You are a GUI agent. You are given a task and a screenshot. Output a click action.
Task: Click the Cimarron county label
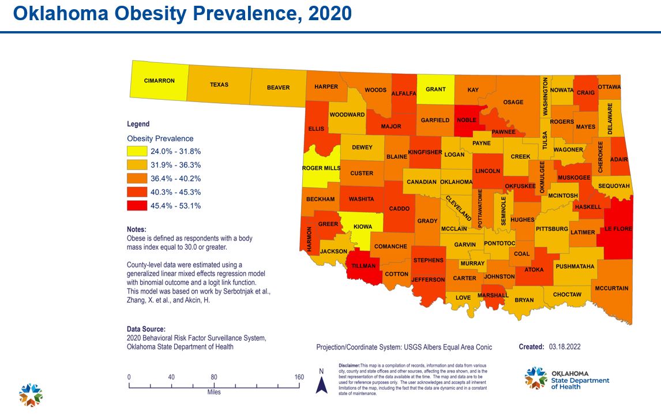tap(159, 81)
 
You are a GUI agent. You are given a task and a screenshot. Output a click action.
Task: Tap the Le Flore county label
tap(618, 229)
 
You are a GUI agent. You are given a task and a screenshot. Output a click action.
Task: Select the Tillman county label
tap(363, 266)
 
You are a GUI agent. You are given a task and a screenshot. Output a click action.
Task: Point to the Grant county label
tap(435, 89)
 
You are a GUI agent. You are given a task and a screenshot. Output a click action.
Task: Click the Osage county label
tap(513, 102)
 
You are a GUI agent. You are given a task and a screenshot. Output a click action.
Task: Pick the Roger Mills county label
tap(321, 168)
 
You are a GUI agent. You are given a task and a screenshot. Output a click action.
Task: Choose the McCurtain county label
tap(612, 288)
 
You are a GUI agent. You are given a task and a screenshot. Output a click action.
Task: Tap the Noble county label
tap(467, 120)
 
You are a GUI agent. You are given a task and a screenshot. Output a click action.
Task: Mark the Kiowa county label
tap(363, 226)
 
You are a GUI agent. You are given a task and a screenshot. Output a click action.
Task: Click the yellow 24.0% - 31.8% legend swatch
tap(137, 152)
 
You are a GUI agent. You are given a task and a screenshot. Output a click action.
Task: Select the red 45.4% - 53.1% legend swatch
tap(137, 206)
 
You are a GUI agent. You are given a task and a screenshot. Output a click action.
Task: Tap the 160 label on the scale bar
tap(299, 377)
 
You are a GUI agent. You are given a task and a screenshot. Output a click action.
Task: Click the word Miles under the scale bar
tap(214, 392)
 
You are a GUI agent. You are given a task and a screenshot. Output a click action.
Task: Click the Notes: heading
tap(136, 229)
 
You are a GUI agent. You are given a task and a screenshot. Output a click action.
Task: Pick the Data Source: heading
tap(146, 329)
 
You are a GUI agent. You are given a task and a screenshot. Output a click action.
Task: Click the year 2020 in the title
tap(329, 13)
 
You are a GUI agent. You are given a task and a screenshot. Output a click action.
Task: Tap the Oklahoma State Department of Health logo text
tap(580, 380)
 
